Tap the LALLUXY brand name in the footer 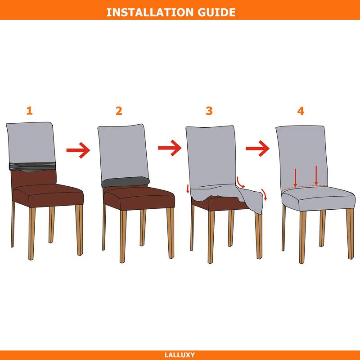tap(180, 355)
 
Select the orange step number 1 tap(29, 111)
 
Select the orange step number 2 tap(119, 111)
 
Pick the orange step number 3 tap(209, 111)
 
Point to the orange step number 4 tap(301, 111)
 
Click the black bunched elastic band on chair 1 tap(32, 166)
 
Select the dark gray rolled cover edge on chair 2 tap(126, 182)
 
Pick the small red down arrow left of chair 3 tap(188, 189)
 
